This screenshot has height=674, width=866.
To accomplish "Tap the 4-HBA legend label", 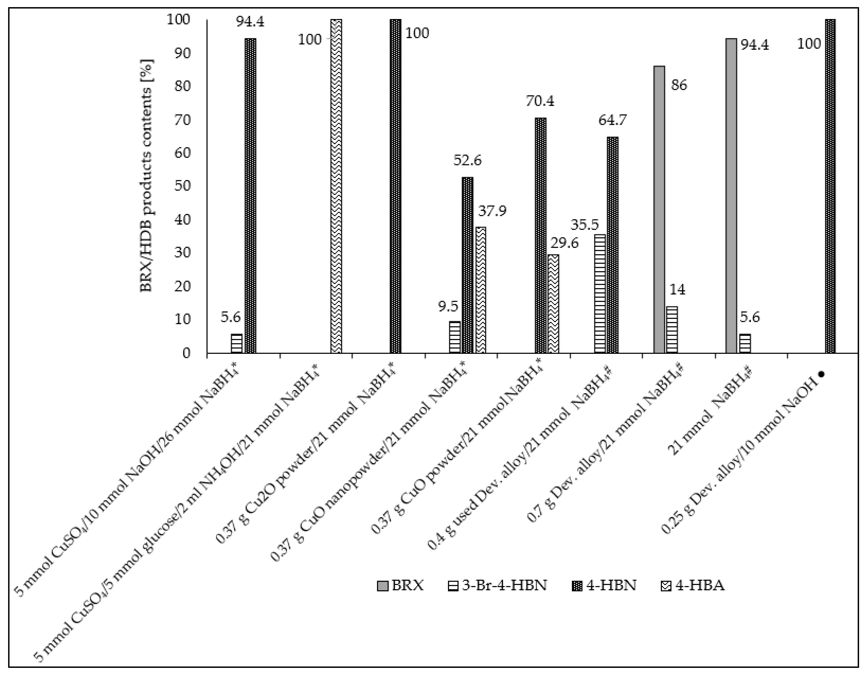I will (x=700, y=585).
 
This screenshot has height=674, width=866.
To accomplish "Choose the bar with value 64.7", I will (x=613, y=245).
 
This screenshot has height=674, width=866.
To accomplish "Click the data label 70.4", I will (x=540, y=102).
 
